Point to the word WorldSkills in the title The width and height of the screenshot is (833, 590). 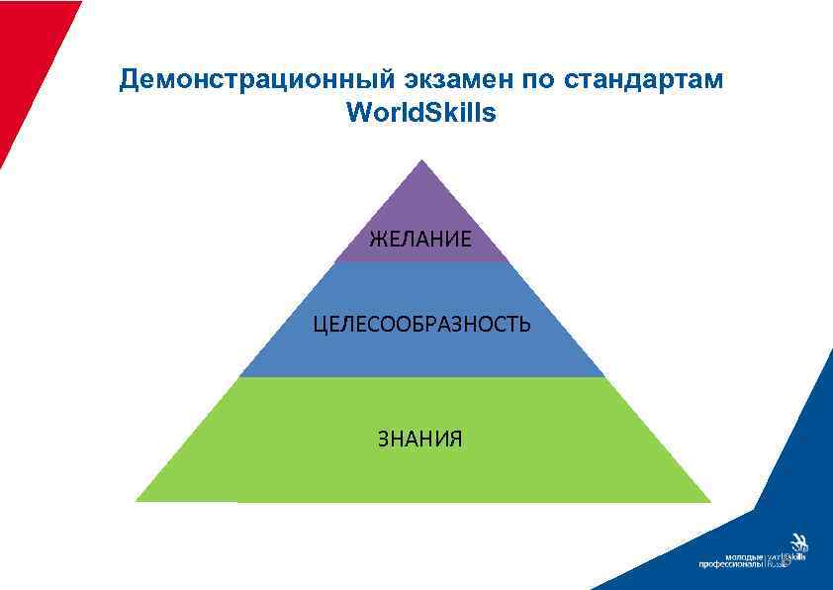(x=421, y=114)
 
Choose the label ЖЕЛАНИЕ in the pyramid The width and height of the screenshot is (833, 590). (x=420, y=238)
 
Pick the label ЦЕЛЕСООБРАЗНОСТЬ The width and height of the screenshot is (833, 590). (x=421, y=324)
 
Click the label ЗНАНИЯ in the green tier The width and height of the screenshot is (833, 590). (x=419, y=439)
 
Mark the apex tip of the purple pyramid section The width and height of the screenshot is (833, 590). (x=422, y=161)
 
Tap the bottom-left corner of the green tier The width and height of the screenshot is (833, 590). (x=138, y=500)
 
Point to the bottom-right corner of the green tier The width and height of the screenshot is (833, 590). (x=709, y=500)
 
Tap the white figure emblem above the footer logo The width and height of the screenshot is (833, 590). (x=799, y=543)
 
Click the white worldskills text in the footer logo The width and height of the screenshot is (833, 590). (x=787, y=557)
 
